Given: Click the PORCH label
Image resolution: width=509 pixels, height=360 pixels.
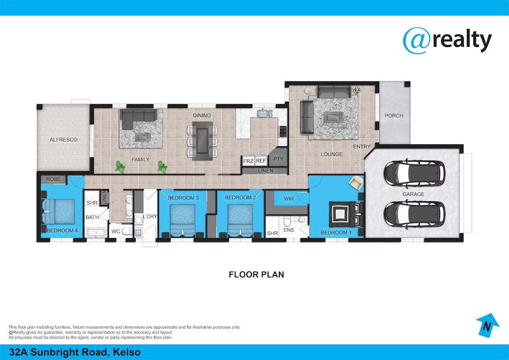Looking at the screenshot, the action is pos(394,115).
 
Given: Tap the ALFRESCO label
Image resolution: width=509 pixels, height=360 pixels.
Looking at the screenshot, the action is pos(64,139).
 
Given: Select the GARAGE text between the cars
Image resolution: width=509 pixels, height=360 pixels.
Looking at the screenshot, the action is pos(413,194).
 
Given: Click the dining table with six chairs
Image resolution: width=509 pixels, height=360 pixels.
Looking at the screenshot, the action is pos(202,141).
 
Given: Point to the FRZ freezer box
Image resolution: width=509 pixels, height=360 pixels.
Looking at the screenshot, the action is pos(248,161).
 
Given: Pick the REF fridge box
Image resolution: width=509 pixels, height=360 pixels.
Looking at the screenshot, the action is pos(261,161).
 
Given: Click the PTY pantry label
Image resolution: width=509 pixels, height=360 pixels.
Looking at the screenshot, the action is pos(278,159).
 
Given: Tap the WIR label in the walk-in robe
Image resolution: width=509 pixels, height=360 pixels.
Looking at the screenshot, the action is pos(288,199).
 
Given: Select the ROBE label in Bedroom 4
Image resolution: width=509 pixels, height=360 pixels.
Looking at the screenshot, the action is pos(53,179).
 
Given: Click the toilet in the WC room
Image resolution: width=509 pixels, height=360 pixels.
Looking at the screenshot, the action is pos(127,231).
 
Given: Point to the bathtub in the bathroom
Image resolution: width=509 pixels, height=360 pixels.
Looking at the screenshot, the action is pos(96,233).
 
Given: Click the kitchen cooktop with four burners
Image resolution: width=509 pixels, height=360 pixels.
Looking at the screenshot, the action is pos(283,131).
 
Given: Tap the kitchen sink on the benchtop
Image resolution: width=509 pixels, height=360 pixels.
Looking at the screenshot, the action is pos(265,113).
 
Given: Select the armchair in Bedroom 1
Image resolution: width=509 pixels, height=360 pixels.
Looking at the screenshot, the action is pos(356,183).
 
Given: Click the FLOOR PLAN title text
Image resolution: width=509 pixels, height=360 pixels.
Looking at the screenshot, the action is pos(256,275).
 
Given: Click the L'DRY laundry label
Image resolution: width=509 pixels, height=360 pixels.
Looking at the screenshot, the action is pos(150,216).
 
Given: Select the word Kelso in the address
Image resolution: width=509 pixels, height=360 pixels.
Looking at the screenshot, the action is pos(127,352).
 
